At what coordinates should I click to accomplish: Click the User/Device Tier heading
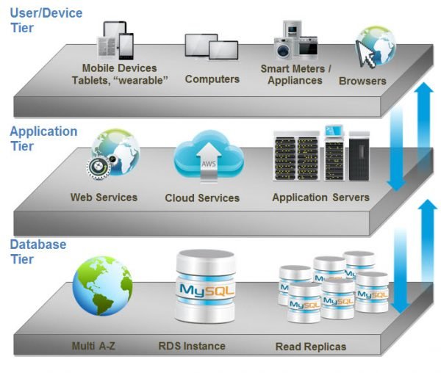46,21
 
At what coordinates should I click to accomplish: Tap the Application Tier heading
43,139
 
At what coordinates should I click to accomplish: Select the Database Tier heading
38,252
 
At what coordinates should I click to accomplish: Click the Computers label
212,79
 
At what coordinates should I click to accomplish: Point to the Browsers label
362,81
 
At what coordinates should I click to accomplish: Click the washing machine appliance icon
283,48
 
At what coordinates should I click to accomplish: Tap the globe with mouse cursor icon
376,47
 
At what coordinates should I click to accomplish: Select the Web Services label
104,198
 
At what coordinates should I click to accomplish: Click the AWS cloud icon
209,156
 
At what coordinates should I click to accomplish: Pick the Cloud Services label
202,198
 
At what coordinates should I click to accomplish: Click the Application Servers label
320,198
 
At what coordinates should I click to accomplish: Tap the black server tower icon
359,156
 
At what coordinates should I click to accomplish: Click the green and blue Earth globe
102,286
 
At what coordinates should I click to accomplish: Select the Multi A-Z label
93,346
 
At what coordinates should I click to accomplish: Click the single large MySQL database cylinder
206,286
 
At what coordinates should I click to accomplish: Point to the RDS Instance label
192,346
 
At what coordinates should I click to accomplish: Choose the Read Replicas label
311,347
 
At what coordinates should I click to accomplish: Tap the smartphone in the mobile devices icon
126,46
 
